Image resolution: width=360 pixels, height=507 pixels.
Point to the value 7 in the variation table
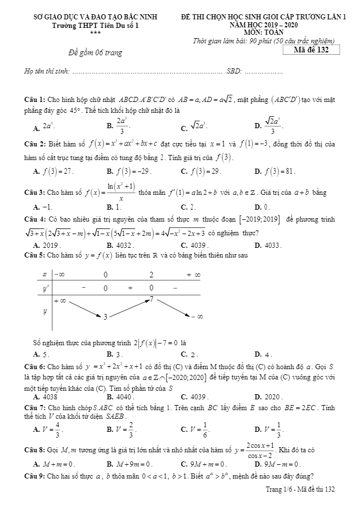[x=152, y=299]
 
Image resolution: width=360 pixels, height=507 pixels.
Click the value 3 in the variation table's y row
[x=105, y=317]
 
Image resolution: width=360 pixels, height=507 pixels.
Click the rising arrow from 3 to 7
[x=128, y=308]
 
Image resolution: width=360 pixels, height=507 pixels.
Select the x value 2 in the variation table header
[x=152, y=275]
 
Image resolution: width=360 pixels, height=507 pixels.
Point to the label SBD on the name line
[x=234, y=71]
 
